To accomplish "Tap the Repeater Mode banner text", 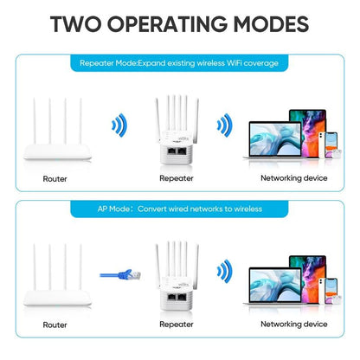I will pyautogui.click(x=179, y=63).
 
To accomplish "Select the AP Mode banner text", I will pyautogui.click(x=179, y=209).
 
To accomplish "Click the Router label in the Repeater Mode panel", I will pyautogui.click(x=55, y=178).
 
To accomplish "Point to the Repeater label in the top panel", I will pyautogui.click(x=177, y=178).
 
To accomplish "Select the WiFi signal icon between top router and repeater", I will pyautogui.click(x=119, y=127).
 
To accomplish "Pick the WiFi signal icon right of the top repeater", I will pyautogui.click(x=223, y=127).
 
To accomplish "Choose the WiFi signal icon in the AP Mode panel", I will pyautogui.click(x=223, y=271).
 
